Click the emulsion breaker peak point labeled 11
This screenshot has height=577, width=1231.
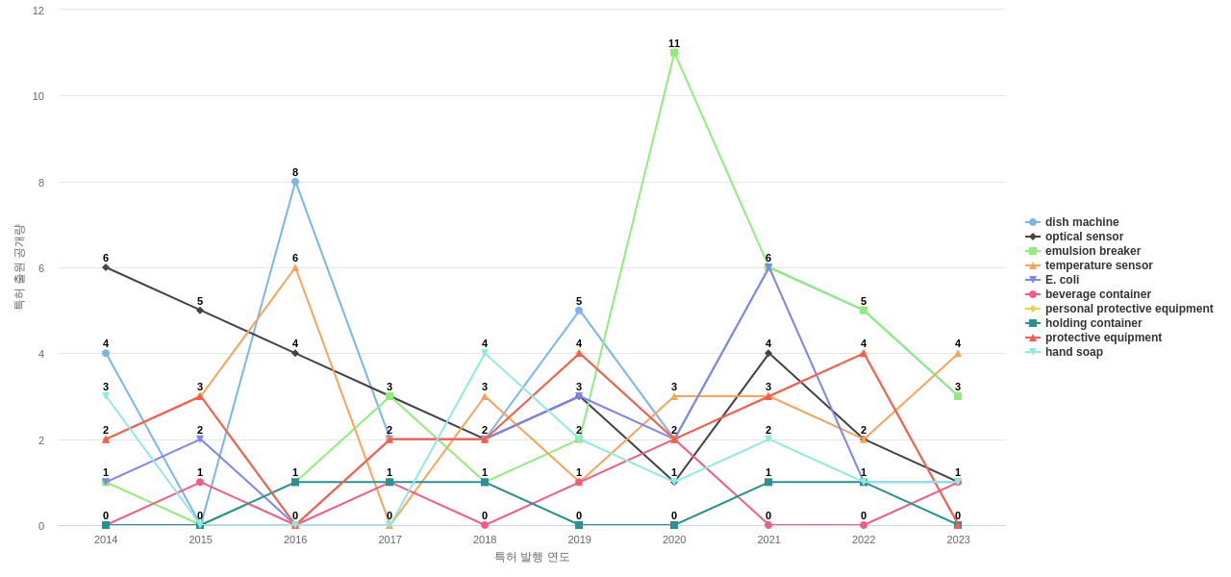[674, 53]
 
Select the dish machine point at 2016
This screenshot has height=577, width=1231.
[295, 182]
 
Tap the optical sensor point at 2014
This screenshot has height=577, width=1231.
[106, 267]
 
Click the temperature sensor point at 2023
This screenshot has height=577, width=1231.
[958, 354]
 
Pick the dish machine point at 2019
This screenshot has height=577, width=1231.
[579, 311]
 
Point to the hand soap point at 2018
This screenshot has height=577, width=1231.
[485, 354]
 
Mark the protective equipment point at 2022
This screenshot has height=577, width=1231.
[864, 354]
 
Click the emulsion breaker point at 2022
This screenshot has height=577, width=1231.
[864, 311]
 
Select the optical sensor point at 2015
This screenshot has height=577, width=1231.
[200, 311]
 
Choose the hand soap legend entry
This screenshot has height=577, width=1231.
[1073, 352]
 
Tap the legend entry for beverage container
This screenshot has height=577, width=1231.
[1097, 294]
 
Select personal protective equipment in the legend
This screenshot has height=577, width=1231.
[1128, 309]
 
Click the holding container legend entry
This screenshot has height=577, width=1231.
[1093, 323]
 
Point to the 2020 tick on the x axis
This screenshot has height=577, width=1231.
[674, 539]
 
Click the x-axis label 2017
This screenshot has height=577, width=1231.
[389, 539]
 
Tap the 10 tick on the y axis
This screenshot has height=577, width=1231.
[38, 96]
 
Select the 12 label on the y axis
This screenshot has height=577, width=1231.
[38, 11]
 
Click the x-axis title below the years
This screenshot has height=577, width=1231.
[532, 557]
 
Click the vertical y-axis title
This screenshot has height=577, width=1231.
[19, 267]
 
